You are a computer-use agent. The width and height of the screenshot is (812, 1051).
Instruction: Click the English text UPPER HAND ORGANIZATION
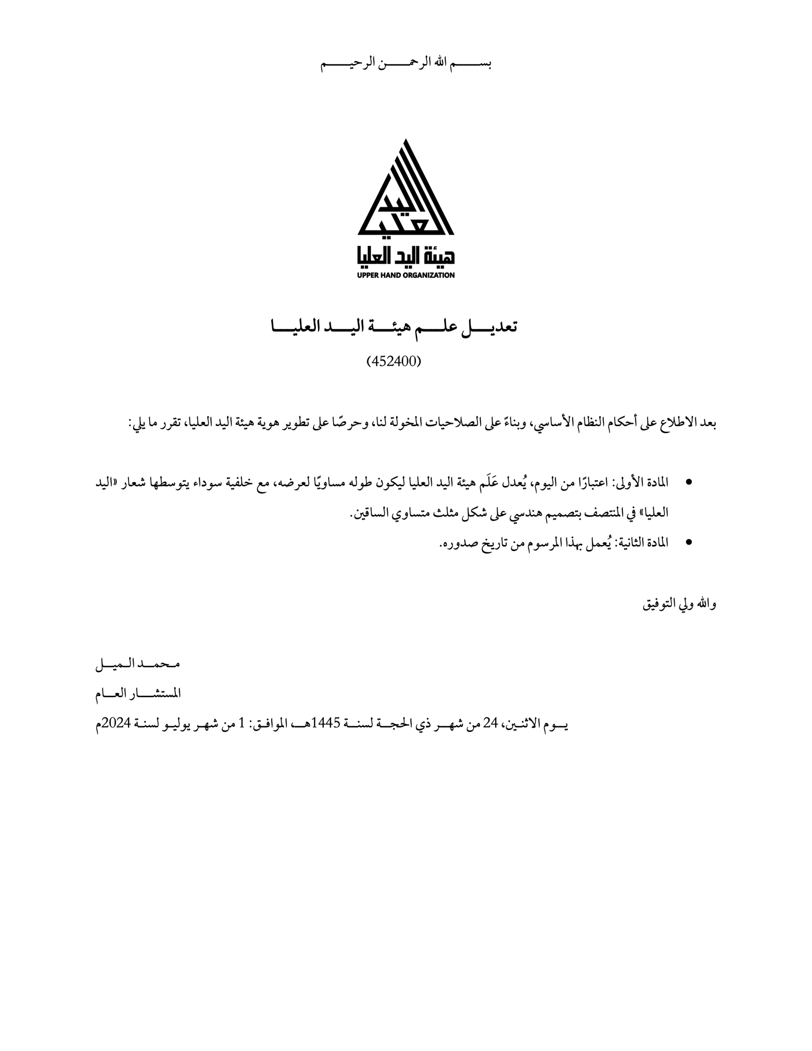tap(406, 275)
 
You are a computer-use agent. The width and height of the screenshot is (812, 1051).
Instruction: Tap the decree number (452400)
tap(394, 361)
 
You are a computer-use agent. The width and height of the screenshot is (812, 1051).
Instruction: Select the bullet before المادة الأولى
tap(688, 482)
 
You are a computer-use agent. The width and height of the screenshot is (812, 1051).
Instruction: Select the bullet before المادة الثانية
tap(688, 542)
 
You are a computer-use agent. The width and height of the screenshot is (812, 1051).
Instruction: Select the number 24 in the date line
tap(490, 723)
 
